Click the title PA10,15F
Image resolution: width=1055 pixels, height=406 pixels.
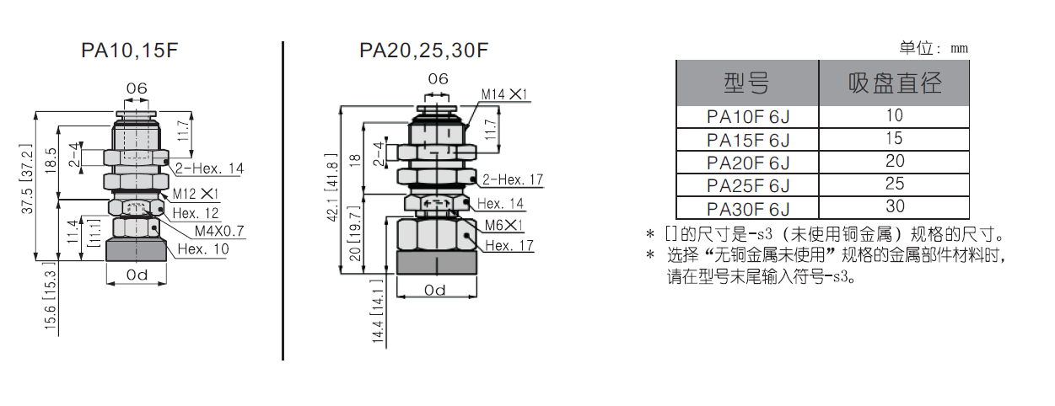130,51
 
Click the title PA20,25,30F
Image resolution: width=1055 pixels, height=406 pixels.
424,51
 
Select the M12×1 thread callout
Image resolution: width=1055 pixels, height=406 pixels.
196,194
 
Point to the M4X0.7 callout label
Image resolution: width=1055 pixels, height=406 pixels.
219,231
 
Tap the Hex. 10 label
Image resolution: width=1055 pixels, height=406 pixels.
203,248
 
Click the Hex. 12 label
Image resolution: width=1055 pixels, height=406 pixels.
196,213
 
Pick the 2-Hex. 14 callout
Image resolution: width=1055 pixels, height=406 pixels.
209,168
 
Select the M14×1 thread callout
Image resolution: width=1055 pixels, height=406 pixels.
504,94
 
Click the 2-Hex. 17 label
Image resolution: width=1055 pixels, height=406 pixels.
513,179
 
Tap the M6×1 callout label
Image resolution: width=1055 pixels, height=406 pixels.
504,226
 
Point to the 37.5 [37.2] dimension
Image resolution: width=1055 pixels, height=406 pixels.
27,179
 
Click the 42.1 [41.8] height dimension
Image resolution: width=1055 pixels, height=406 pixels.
332,187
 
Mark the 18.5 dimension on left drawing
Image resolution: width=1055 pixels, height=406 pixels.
51,160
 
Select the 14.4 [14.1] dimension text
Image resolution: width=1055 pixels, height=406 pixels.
378,311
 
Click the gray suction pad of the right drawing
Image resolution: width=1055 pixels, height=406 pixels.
437,263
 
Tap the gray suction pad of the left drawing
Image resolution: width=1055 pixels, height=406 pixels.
136,250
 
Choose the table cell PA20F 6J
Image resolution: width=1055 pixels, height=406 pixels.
748,163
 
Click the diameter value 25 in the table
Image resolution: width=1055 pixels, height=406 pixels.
895,184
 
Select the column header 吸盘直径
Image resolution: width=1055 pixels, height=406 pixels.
895,83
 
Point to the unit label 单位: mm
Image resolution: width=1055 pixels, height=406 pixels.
934,48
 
